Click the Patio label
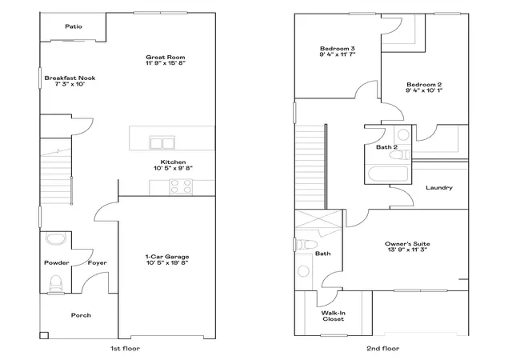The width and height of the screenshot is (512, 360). pos(74,26)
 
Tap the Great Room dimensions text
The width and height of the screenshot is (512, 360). pos(166,63)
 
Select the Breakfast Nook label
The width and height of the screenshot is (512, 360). pos(70,78)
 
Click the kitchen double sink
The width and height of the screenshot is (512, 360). pos(162,142)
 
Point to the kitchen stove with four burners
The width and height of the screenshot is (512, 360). pos(181,187)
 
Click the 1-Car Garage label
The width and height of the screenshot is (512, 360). pos(167,257)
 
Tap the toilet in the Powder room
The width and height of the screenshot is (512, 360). pos(56,283)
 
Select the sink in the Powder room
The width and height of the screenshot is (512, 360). pos(56,238)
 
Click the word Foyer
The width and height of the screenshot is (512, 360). pos(98,262)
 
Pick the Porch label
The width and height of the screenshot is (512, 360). pos(81,315)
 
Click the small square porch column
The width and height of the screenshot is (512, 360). pos(44,335)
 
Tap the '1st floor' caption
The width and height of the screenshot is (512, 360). pos(125,349)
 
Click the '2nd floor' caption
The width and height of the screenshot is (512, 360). pos(382,349)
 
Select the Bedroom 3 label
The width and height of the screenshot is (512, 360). pos(338,48)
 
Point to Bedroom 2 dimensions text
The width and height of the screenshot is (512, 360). pos(424,90)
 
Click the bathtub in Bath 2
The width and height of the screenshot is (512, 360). pos(388,174)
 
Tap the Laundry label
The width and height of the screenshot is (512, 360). pos(439,187)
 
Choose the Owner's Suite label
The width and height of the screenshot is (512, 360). pos(407,244)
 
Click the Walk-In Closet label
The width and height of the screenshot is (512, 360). pos(334,316)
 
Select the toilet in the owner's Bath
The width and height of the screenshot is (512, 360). pos(306,244)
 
